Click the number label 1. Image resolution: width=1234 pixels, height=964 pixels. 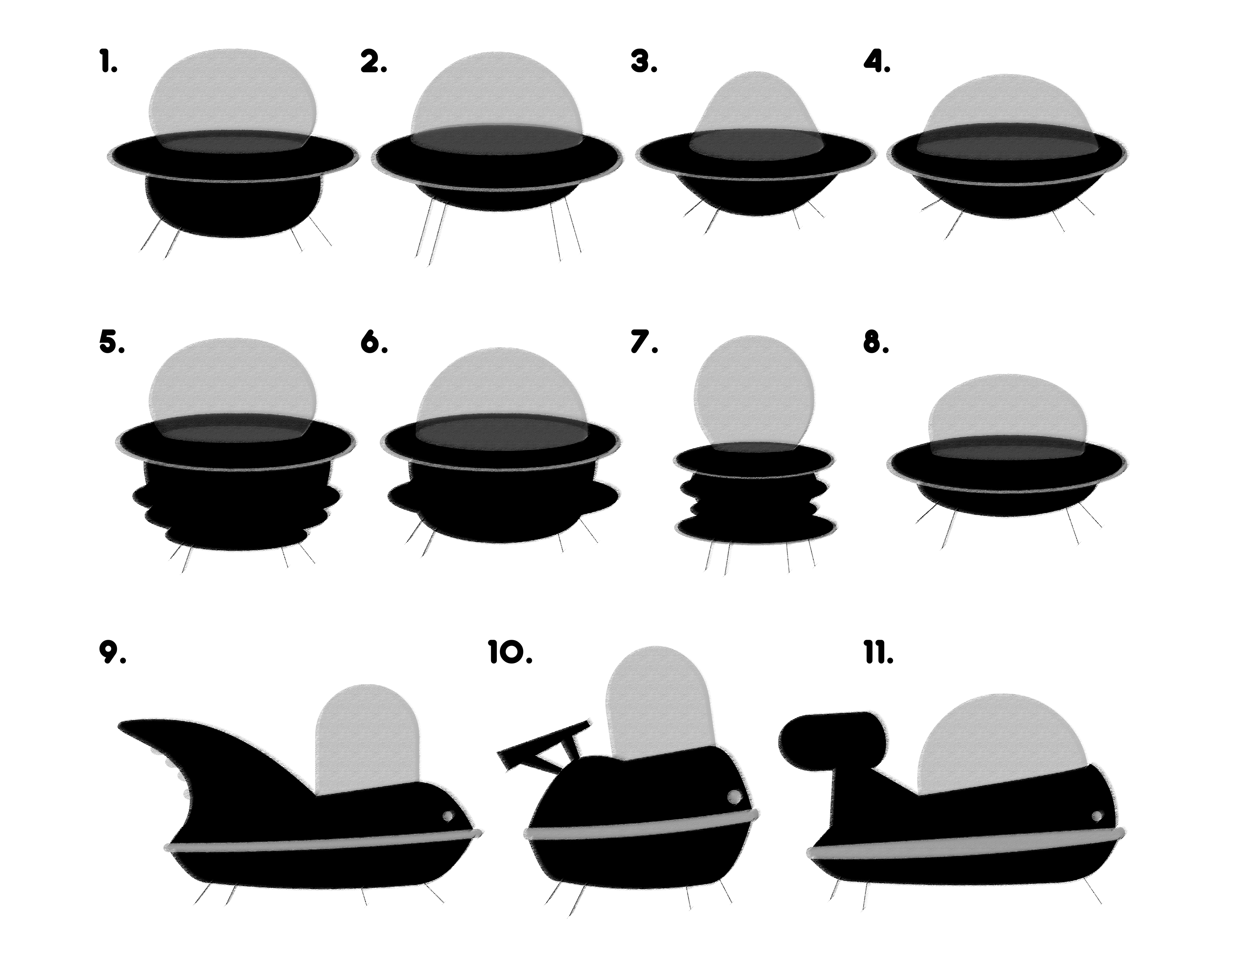coord(108,62)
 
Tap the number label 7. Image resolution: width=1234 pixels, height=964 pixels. coord(644,343)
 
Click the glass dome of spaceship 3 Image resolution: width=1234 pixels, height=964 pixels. coord(756,113)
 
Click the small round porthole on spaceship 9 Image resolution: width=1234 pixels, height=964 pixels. coord(448,816)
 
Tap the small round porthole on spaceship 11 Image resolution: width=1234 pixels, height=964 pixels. coord(1097,816)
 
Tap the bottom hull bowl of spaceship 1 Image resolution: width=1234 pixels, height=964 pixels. coord(233,209)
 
